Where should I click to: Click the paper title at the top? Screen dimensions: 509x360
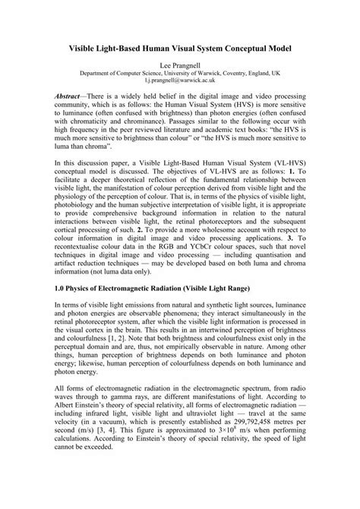click(x=180, y=47)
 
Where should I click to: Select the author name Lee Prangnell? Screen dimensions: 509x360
click(x=180, y=66)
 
